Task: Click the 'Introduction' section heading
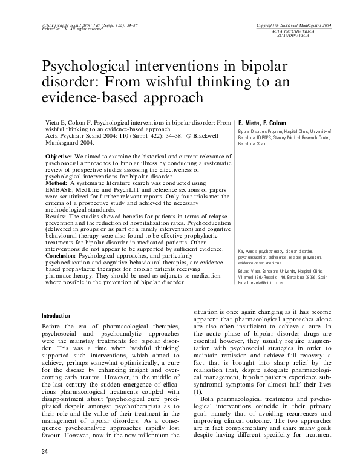pyautogui.click(x=56, y=316)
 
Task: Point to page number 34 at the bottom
pyautogui.click(x=45, y=453)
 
